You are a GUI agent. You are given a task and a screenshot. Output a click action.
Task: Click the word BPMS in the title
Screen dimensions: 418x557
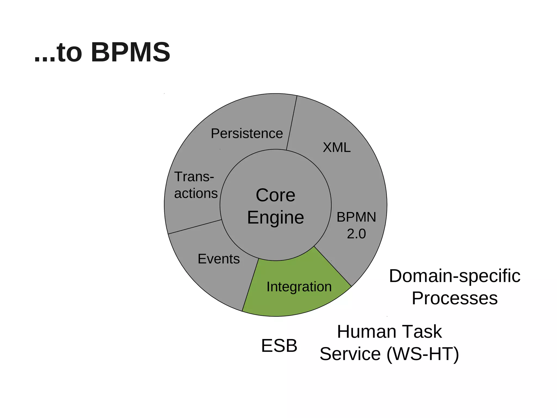click(x=131, y=52)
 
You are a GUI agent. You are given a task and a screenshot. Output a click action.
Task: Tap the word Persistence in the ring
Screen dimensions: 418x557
click(x=247, y=133)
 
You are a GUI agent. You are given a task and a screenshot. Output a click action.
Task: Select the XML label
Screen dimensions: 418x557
click(x=336, y=147)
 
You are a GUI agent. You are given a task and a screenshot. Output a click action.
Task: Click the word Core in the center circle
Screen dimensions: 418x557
click(x=275, y=195)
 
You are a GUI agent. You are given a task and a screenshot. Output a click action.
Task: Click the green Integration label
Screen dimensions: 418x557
click(x=299, y=287)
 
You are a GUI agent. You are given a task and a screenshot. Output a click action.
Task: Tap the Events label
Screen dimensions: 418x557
click(x=219, y=259)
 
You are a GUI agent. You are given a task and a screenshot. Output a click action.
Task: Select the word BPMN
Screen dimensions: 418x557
click(x=356, y=217)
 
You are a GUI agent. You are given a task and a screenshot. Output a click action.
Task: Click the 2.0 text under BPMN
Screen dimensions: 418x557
click(x=356, y=234)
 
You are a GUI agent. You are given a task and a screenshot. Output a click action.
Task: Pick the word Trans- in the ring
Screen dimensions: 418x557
click(x=194, y=177)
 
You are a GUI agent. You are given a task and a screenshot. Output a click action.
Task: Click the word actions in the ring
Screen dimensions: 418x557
click(x=196, y=193)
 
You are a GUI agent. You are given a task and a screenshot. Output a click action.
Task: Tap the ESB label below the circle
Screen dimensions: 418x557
click(x=279, y=346)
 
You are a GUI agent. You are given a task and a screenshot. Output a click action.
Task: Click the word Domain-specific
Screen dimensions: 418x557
click(x=454, y=276)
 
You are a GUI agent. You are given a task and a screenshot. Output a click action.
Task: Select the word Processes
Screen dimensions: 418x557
click(x=454, y=298)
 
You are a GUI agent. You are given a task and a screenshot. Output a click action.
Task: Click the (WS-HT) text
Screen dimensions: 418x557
click(x=423, y=354)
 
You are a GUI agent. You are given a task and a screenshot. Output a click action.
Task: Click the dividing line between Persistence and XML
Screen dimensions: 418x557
click(x=292, y=122)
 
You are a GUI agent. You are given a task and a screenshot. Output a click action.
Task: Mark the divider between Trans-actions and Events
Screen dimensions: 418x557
click(x=195, y=227)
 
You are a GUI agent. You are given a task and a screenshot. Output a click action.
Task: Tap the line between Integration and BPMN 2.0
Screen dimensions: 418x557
click(x=333, y=266)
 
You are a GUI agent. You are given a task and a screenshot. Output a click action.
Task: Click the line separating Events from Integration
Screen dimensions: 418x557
click(x=250, y=285)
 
